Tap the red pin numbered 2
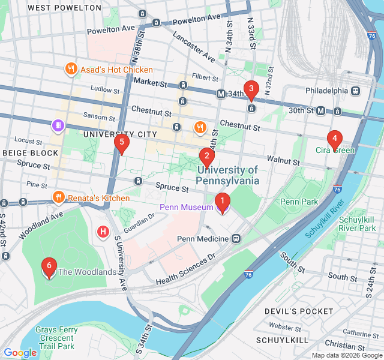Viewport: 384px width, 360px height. point(206,158)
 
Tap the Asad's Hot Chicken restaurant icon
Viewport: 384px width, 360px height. point(71,70)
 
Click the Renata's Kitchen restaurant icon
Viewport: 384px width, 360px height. point(58,197)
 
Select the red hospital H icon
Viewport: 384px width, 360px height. point(103,231)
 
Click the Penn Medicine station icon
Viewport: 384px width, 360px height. point(236,239)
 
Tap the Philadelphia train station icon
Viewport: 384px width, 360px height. point(355,91)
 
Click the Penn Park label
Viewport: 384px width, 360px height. point(299,202)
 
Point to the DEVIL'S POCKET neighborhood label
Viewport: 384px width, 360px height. point(299,311)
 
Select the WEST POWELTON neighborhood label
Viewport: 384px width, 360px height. point(65,8)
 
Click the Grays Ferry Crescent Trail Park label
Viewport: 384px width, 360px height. point(55,338)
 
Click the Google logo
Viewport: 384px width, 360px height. point(20,353)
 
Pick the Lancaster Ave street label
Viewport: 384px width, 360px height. point(193,46)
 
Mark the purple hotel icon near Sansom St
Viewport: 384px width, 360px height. point(58,125)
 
